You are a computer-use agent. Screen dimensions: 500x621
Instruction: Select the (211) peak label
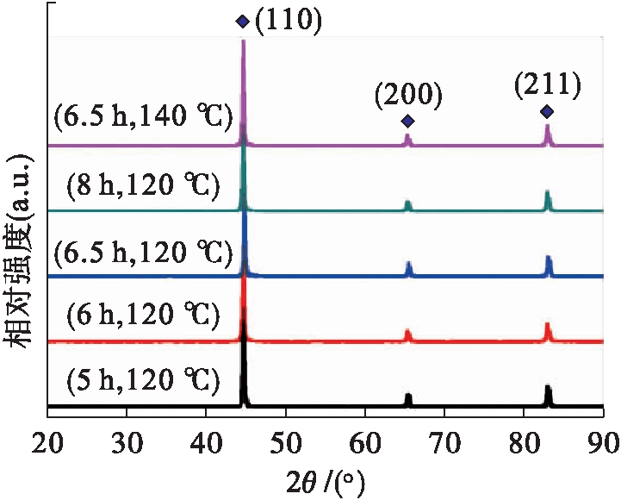547,85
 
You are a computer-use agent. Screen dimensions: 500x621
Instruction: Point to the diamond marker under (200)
407,121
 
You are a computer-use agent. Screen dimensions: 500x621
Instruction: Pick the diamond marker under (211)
546,112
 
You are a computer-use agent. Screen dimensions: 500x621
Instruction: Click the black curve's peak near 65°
408,395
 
